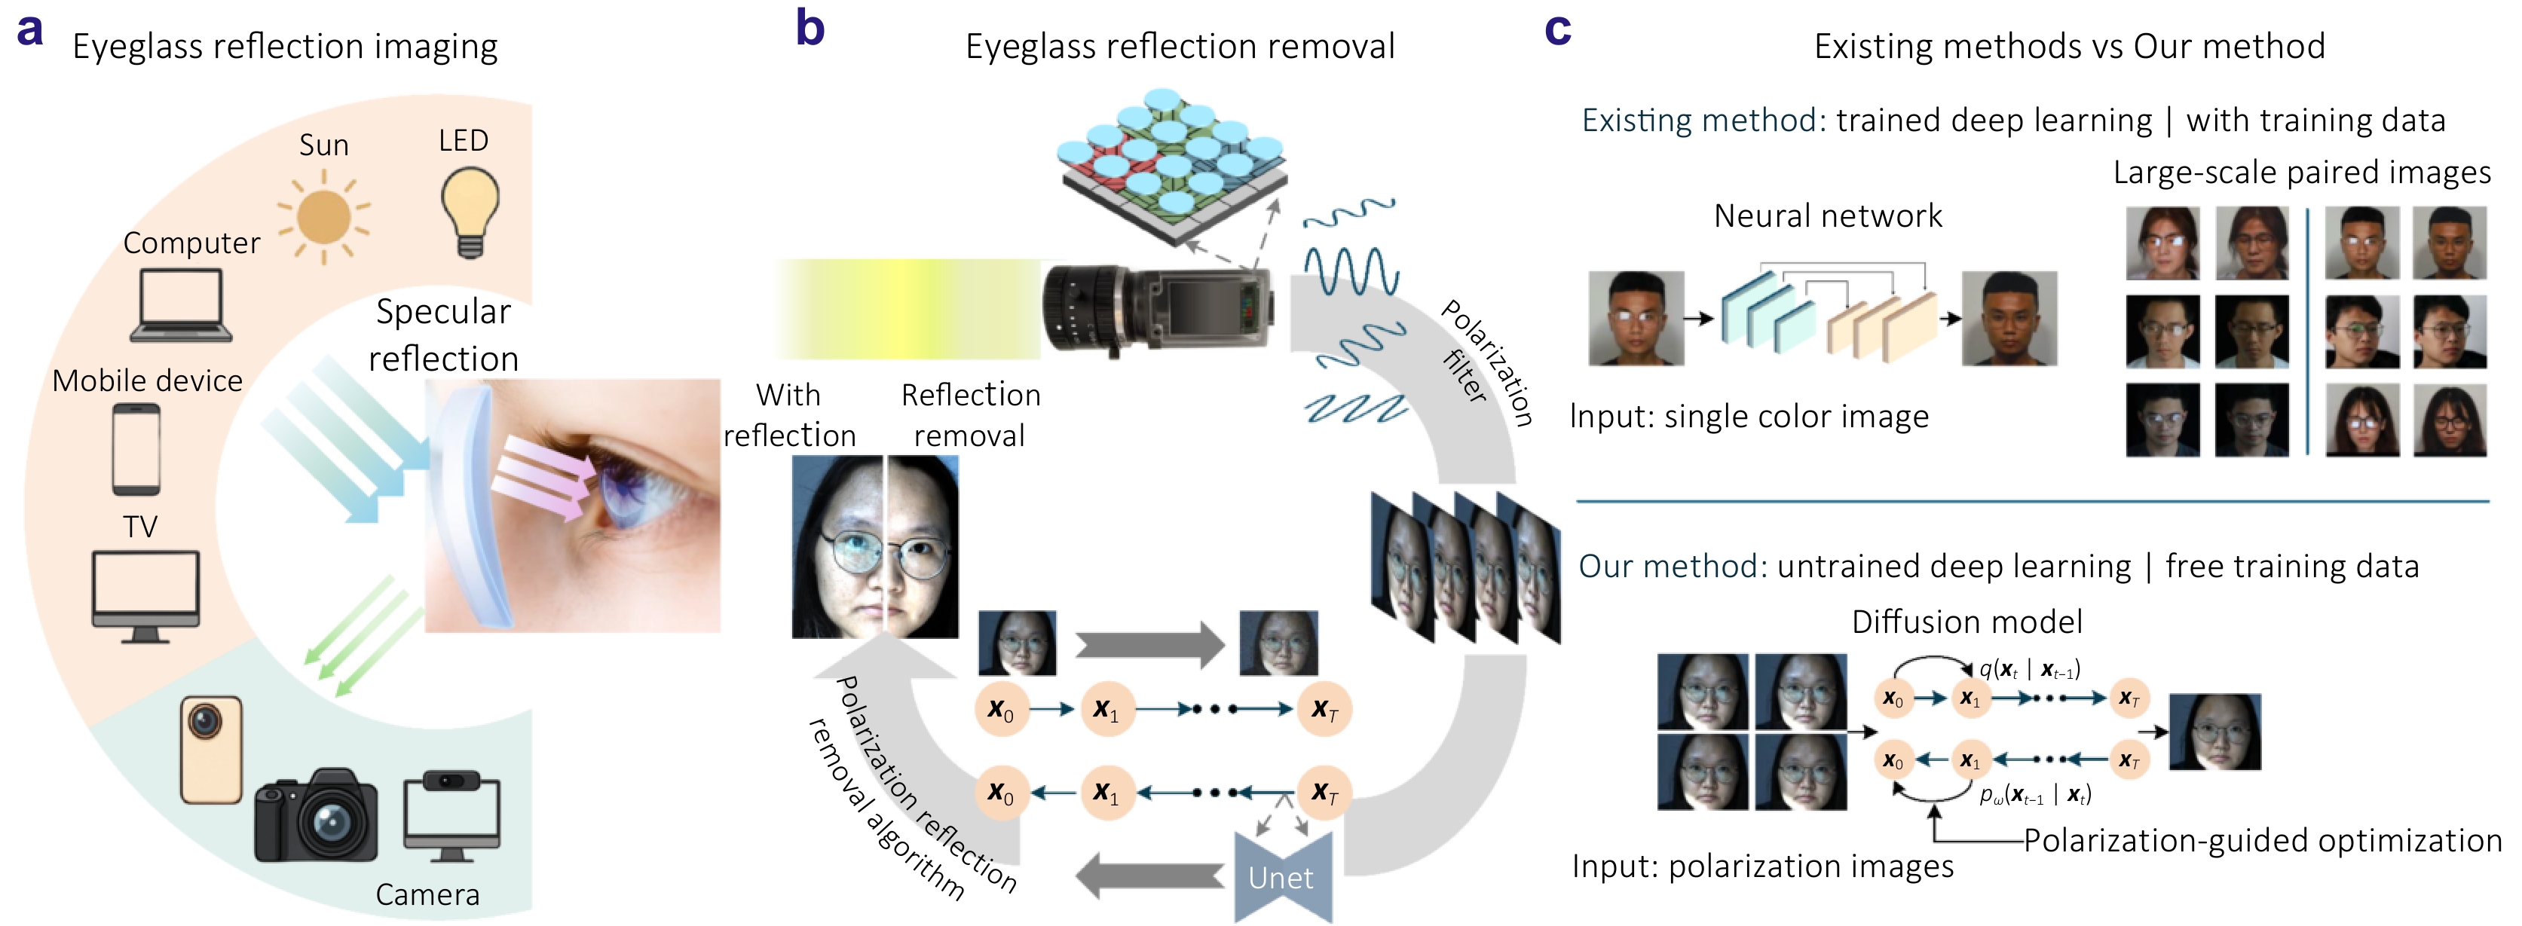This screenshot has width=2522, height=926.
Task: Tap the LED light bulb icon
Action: click(470, 210)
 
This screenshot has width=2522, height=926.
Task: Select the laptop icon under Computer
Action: click(181, 305)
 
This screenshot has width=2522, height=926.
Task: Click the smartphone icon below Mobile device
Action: click(136, 449)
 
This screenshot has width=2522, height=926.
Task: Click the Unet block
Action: click(1281, 877)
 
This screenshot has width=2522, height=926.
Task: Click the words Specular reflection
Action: click(443, 335)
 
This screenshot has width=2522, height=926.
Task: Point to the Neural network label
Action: click(1827, 216)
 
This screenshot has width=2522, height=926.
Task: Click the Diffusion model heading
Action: click(1966, 622)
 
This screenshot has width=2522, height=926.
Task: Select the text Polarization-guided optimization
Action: click(2261, 840)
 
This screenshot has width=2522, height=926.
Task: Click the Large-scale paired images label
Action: click(2300, 173)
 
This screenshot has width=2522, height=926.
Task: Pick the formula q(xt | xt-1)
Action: click(2028, 670)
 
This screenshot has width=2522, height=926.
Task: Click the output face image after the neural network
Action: click(2009, 318)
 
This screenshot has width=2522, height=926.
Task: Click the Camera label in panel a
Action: click(428, 894)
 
